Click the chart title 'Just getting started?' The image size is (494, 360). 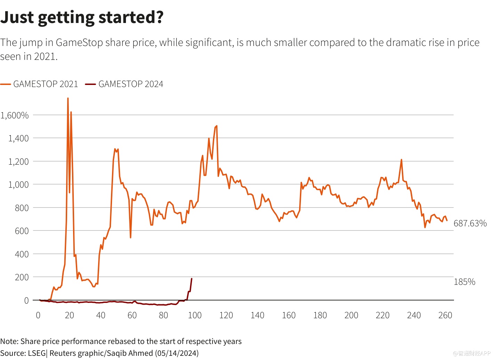coord(82,17)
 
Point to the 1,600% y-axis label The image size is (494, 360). coord(15,115)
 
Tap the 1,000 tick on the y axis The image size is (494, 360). coord(18,185)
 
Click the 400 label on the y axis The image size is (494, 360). coord(22,254)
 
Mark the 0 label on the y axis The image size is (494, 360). coord(26,300)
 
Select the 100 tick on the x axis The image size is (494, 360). coord(194,315)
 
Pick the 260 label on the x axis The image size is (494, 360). coord(445,315)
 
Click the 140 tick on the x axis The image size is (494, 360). coord(257,315)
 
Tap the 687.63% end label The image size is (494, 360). coord(470,224)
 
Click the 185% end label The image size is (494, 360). coord(464,282)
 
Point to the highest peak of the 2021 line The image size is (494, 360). coord(68,99)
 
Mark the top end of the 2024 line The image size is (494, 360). coord(192,279)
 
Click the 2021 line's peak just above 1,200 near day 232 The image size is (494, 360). coord(401,160)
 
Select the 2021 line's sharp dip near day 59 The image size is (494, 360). coord(130,237)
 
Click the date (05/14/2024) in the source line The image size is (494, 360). coord(177,353)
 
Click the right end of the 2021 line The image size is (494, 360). coord(447,220)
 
